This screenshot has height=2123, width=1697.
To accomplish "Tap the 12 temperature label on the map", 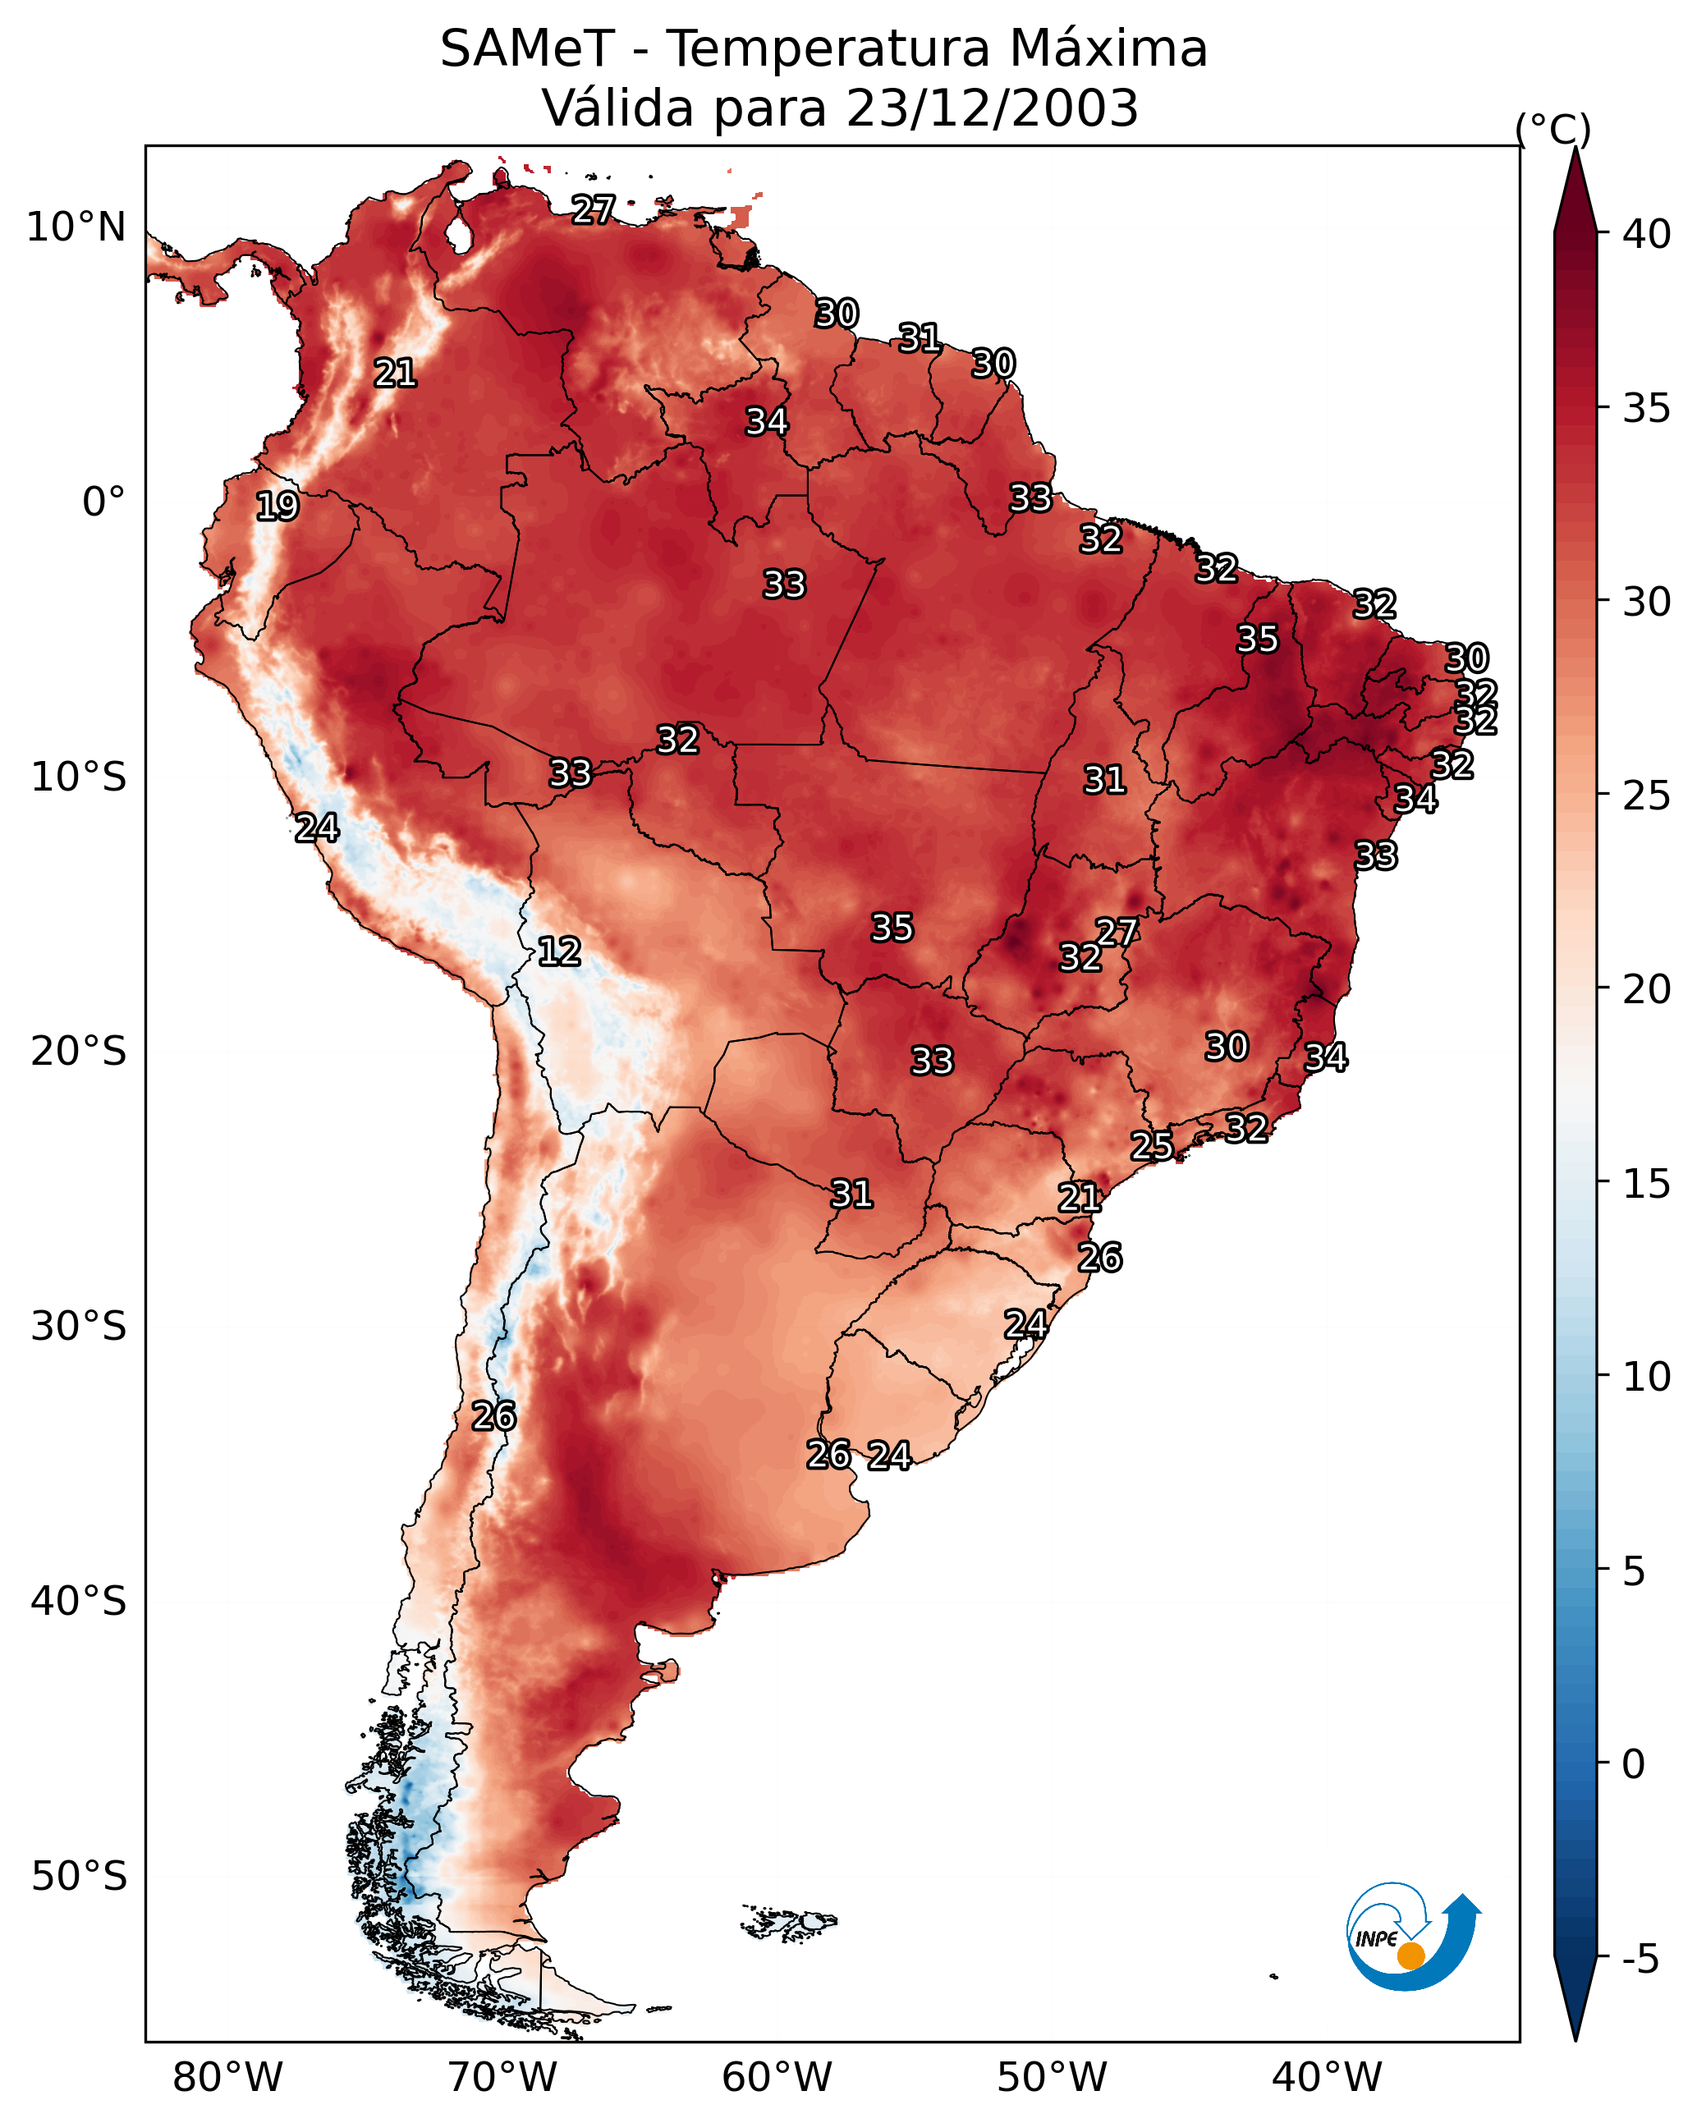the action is [559, 951].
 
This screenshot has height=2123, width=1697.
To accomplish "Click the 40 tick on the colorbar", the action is [1648, 234].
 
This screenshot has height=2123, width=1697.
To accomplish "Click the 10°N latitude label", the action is [76, 227].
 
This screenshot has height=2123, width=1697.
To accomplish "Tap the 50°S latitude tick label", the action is [79, 1876].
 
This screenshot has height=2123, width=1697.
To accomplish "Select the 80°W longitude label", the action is [227, 2078].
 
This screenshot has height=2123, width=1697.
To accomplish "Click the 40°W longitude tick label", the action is [1327, 2078].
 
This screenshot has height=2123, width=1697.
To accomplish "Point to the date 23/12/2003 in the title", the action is [992, 108].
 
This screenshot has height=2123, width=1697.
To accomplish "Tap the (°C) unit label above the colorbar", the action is [1553, 129].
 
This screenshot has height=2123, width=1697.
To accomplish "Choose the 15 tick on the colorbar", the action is [1648, 1184].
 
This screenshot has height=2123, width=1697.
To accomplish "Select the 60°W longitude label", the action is [777, 2078].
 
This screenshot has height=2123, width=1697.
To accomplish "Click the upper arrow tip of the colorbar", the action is [1575, 148].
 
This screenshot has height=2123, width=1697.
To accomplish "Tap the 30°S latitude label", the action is [79, 1327].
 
